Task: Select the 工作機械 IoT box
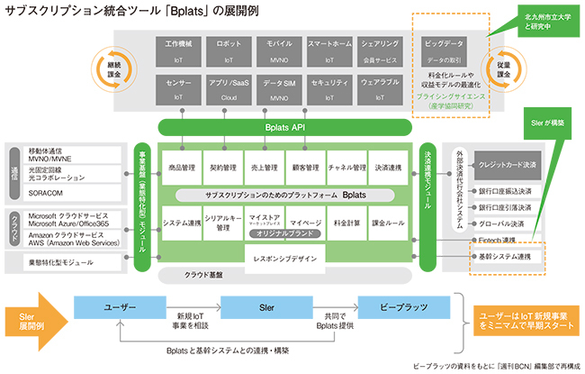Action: [178, 50]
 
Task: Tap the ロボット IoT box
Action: [229, 50]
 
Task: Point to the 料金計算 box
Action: [348, 223]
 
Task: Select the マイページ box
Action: [307, 223]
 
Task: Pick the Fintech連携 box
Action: [497, 240]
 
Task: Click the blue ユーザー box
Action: [118, 308]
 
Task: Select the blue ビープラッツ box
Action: [402, 308]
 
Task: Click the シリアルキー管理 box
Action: [222, 223]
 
